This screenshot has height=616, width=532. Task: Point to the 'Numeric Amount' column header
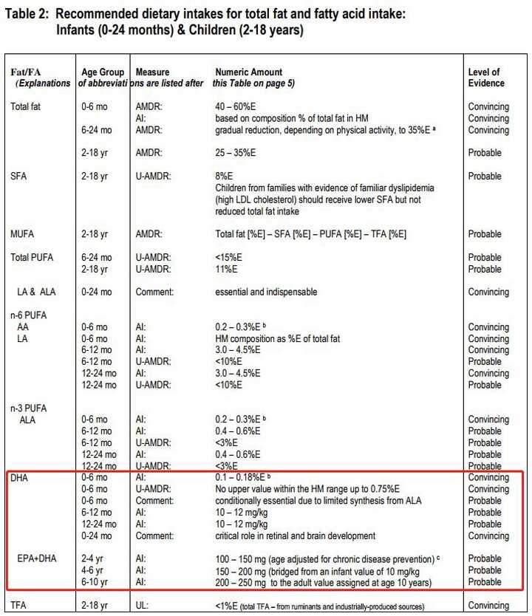pos(248,72)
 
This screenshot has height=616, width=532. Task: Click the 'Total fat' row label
pos(27,107)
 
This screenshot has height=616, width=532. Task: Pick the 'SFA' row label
pos(19,177)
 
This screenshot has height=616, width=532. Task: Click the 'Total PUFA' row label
pos(32,258)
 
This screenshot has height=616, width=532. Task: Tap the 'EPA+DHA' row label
pos(38,558)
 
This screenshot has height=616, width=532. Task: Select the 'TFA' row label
pos(19,606)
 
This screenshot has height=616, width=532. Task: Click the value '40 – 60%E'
pos(239,107)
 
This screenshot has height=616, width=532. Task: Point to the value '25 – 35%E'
pos(239,153)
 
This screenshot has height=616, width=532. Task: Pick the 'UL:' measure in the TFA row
pos(143,606)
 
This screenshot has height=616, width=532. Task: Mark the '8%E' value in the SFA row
pos(224,177)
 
